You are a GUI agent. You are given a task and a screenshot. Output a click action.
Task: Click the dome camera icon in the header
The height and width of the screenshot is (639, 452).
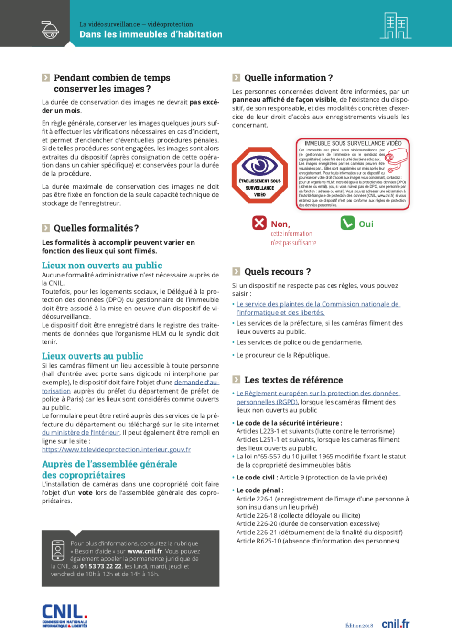pyautogui.click(x=50, y=30)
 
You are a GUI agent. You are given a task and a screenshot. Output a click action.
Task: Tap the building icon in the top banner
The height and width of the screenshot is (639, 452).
pyautogui.click(x=395, y=26)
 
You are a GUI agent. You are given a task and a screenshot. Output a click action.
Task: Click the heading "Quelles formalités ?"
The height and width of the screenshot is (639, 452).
pyautogui.click(x=96, y=228)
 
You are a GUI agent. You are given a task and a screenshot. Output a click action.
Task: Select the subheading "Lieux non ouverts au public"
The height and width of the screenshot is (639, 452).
pyautogui.click(x=102, y=266)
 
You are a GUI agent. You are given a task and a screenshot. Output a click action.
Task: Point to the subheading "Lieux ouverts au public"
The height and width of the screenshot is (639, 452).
pyautogui.click(x=92, y=356)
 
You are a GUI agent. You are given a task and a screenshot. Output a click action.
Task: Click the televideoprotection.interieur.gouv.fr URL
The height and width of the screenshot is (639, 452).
pyautogui.click(x=116, y=449)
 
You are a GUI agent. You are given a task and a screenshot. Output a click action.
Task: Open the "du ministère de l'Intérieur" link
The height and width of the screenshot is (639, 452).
pyautogui.click(x=81, y=433)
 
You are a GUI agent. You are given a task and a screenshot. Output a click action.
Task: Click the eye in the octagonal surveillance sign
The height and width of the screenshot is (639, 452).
pyautogui.click(x=259, y=165)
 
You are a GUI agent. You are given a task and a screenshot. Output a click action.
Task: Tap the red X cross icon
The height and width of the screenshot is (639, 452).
pyautogui.click(x=259, y=223)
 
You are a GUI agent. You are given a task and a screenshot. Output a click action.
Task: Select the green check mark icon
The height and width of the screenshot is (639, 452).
pyautogui.click(x=347, y=223)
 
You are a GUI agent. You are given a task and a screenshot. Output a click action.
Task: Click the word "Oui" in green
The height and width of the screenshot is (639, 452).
pyautogui.click(x=366, y=224)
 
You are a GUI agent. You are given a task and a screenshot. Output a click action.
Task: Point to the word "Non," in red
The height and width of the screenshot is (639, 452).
pyautogui.click(x=280, y=224)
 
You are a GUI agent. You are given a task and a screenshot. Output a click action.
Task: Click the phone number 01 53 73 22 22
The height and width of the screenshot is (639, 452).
pyautogui.click(x=101, y=566)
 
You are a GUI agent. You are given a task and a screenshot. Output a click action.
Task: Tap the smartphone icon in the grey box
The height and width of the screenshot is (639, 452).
pyautogui.click(x=58, y=550)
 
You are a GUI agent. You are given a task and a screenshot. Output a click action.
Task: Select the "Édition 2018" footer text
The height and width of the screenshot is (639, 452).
pyautogui.click(x=359, y=626)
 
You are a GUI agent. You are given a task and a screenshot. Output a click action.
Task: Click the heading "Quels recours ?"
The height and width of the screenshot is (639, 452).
pyautogui.click(x=277, y=272)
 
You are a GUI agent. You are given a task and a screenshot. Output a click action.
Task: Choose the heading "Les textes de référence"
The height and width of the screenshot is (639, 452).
pyautogui.click(x=293, y=380)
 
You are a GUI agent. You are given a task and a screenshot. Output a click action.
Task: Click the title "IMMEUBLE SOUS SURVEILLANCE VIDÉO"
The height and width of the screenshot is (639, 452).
pyautogui.click(x=353, y=143)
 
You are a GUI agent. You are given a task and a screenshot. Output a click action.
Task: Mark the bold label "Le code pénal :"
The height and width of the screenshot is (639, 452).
pyautogui.click(x=260, y=490)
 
